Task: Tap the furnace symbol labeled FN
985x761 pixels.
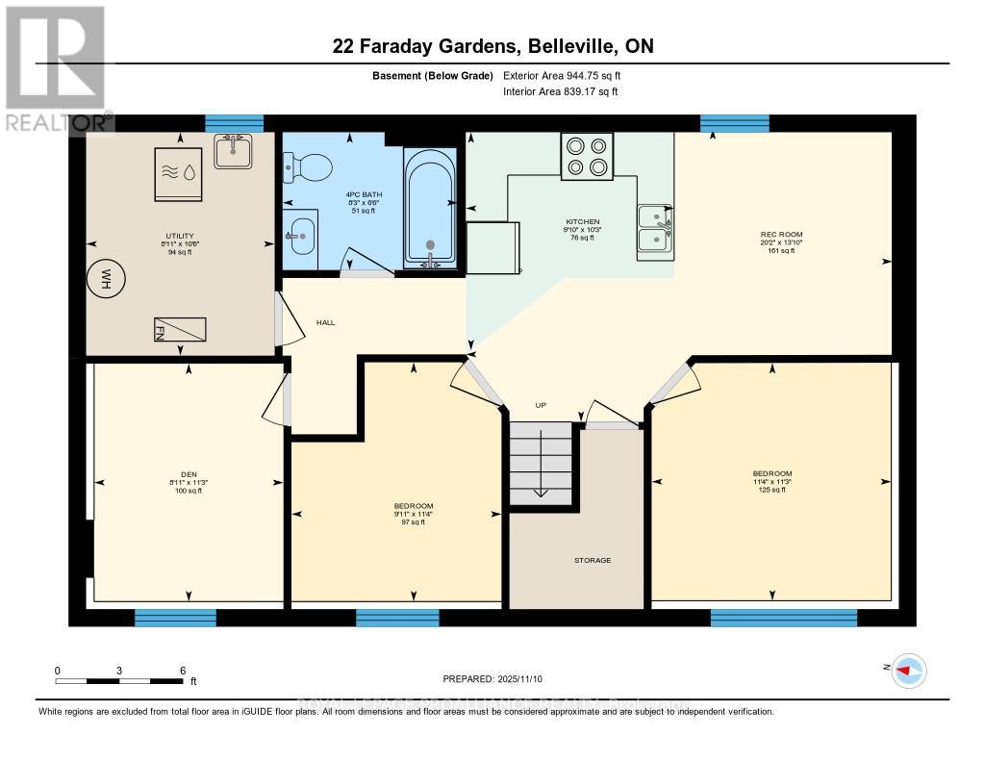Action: pyautogui.click(x=179, y=329)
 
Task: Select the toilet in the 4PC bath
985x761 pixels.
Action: pyautogui.click(x=298, y=170)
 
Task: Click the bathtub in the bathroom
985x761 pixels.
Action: pyautogui.click(x=429, y=206)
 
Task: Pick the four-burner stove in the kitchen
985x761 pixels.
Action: pyautogui.click(x=588, y=156)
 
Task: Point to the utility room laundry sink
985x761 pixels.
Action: pyautogui.click(x=233, y=150)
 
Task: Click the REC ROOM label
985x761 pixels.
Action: pyautogui.click(x=781, y=234)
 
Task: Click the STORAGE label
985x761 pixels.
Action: pyautogui.click(x=593, y=560)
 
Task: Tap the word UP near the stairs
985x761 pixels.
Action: pyautogui.click(x=541, y=405)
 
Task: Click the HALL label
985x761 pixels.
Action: pyautogui.click(x=325, y=322)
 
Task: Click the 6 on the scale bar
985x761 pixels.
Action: pyautogui.click(x=182, y=670)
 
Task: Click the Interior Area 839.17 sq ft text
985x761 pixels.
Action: pyautogui.click(x=560, y=91)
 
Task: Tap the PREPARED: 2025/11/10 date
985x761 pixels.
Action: pyautogui.click(x=492, y=679)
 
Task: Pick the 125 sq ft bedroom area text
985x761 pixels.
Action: pyautogui.click(x=772, y=490)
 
